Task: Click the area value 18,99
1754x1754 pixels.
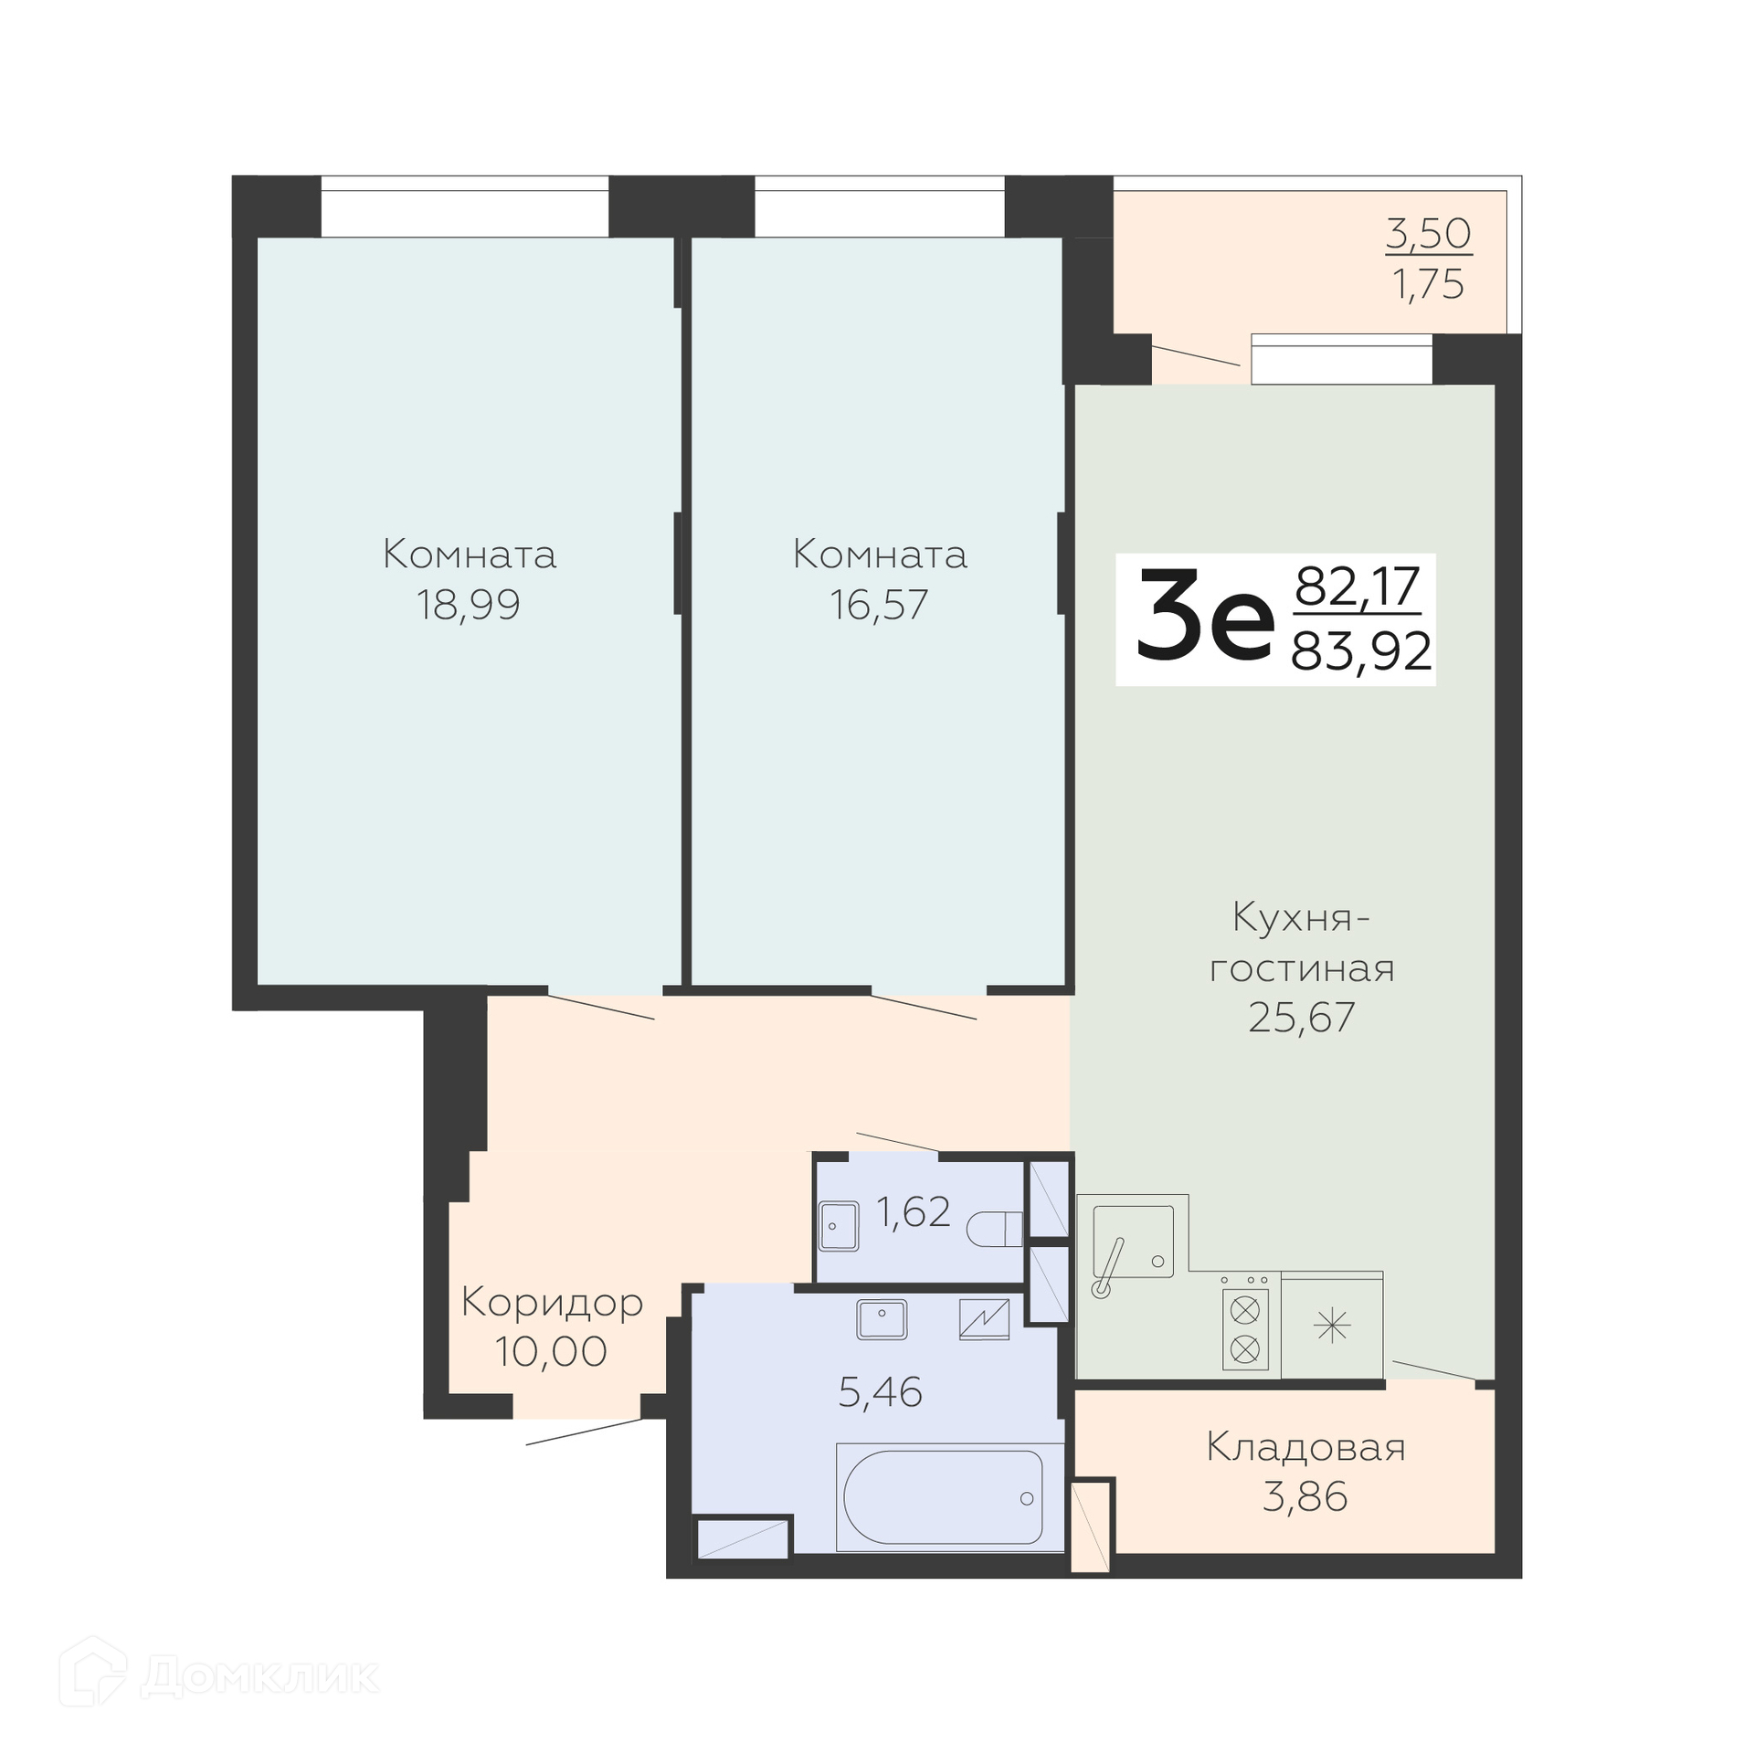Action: [469, 605]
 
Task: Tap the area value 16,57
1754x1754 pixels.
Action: [879, 605]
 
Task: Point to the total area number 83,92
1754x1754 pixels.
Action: [1361, 652]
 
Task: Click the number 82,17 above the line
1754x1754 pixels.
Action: [1358, 586]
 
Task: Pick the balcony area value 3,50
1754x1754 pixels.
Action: [1429, 234]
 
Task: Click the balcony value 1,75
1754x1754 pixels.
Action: [1429, 285]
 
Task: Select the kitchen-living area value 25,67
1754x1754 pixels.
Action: [1302, 1017]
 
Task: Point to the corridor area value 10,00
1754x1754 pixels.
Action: [551, 1352]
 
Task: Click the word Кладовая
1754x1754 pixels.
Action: [1305, 1448]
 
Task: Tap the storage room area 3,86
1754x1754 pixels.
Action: [1305, 1497]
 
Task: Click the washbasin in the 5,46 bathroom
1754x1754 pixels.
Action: [882, 1319]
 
